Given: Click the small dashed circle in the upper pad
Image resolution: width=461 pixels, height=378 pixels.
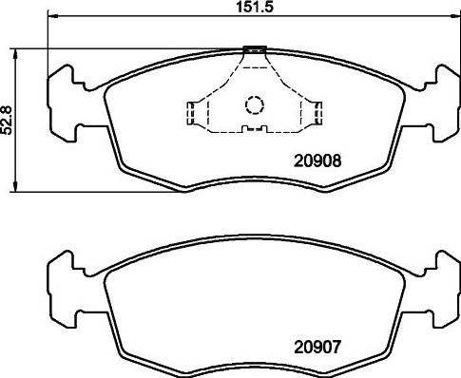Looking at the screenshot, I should pos(254,105).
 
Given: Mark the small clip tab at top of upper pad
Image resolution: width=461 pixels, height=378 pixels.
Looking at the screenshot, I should pos(254,49).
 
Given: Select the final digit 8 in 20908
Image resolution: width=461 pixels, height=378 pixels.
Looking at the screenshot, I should pos(336,161).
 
